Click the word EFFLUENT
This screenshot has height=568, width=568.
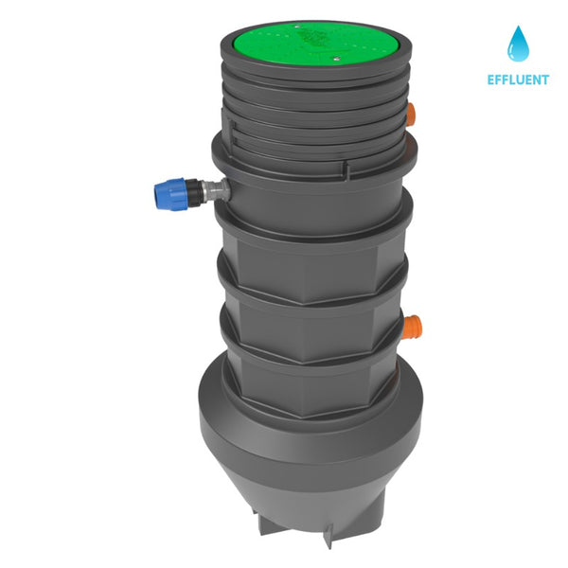(x=519, y=80)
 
